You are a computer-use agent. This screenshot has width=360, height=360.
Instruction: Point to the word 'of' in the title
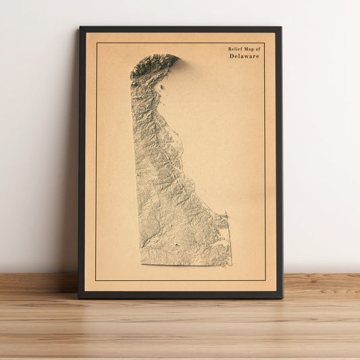[256, 49]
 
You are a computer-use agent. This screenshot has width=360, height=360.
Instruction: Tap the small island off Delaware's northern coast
[160, 86]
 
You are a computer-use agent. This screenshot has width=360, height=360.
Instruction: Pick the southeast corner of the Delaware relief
[231, 264]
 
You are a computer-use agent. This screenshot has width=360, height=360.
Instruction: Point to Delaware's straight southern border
[186, 264]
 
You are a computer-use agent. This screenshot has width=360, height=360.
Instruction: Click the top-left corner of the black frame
[80, 28]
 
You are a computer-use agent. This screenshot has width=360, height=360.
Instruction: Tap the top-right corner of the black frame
[280, 28]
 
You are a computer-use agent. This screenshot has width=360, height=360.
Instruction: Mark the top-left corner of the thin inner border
[96, 43]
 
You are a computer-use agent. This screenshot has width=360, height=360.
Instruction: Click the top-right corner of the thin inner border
[265, 43]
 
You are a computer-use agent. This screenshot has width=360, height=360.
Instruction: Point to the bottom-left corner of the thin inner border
[96, 280]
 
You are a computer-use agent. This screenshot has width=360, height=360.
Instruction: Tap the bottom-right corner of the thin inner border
[265, 280]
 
